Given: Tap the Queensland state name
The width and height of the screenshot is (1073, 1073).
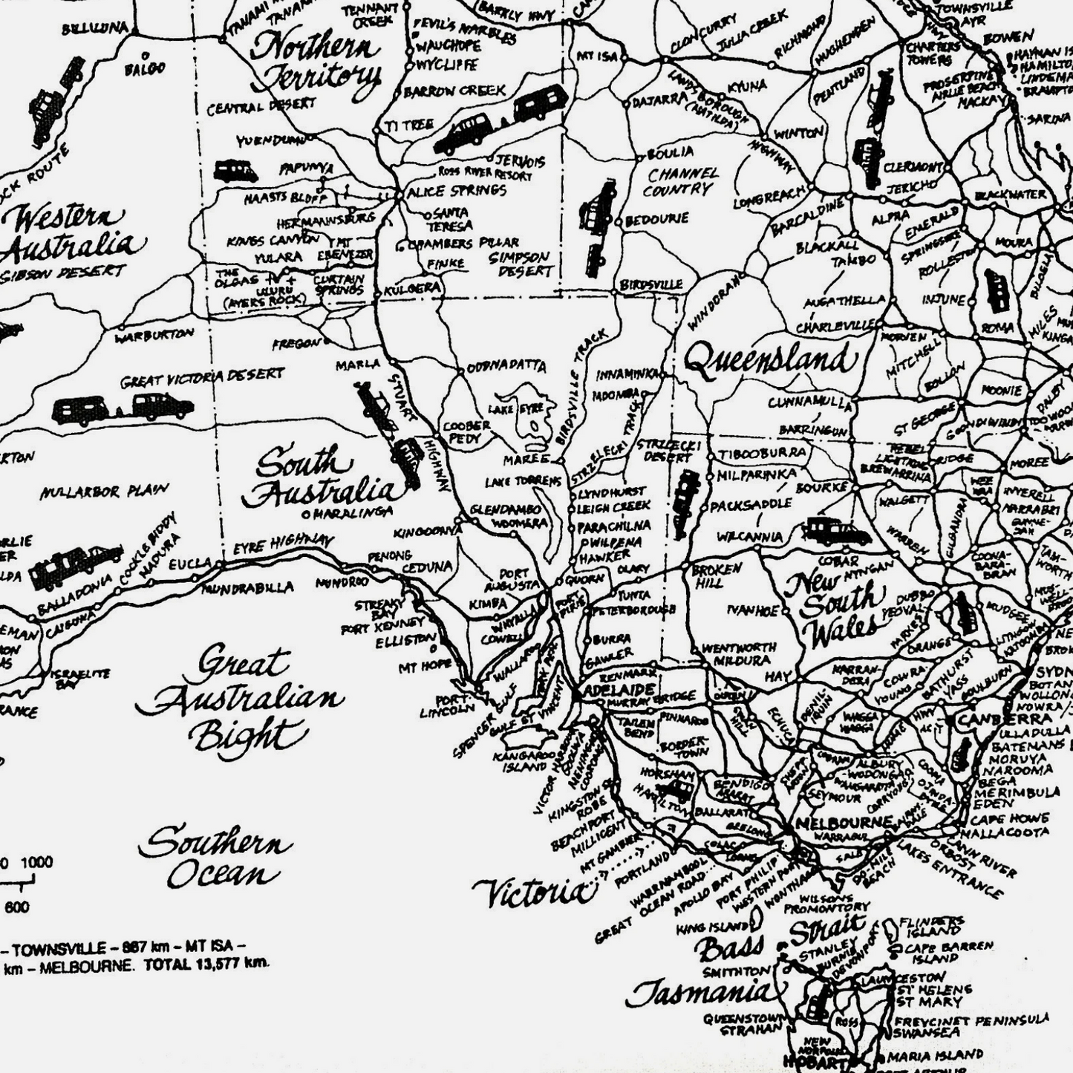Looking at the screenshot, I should coord(771,361).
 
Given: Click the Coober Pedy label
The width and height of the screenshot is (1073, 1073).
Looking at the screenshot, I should coord(466,432).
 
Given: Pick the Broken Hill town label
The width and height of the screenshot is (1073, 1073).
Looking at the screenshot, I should coord(717,574).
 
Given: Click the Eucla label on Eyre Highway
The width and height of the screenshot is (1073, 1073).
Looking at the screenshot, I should coord(190,564).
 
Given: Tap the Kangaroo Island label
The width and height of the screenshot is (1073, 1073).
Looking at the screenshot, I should coord(525,762).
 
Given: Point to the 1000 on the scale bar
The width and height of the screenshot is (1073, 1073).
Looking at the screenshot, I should coord(36,863).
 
